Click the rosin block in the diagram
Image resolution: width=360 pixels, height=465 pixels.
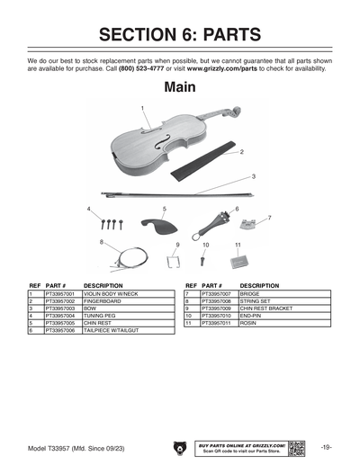coord(238,260)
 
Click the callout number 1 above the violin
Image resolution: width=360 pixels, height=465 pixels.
coord(142,107)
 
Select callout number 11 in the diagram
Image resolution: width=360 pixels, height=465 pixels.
coord(238,244)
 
